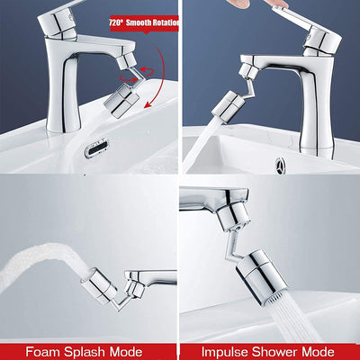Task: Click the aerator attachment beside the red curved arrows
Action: tap(119, 90)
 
